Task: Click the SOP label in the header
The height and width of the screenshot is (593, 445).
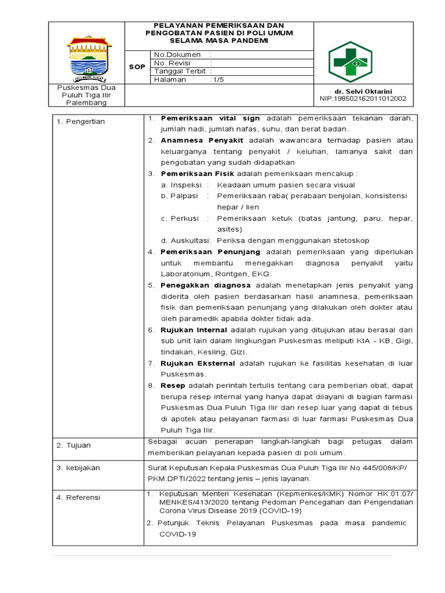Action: pos(137,67)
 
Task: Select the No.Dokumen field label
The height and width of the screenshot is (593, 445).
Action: pos(174,54)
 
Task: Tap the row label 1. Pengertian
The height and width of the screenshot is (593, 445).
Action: pos(81,122)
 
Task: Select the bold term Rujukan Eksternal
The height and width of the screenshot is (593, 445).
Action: pos(198,363)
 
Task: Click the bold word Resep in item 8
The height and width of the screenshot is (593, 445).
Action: pos(172,385)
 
